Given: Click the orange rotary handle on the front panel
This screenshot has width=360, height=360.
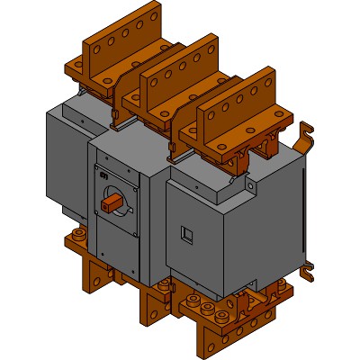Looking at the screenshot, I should (x=113, y=204).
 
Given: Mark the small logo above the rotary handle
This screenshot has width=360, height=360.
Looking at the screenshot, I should (x=103, y=173).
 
